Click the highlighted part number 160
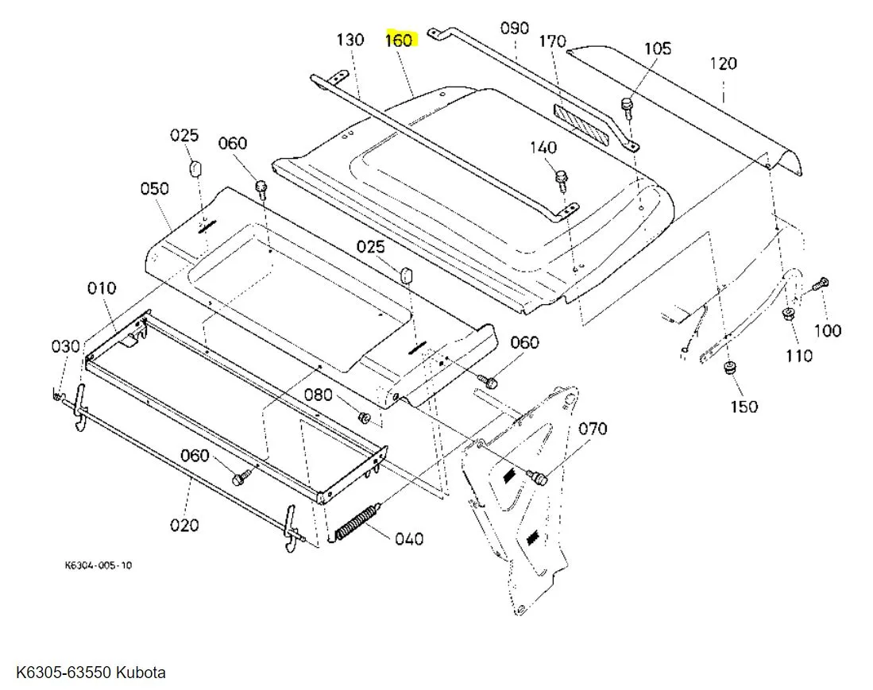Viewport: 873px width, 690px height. [x=399, y=40]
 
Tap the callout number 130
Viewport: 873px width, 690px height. [x=350, y=40]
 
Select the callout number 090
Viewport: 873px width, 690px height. [x=514, y=29]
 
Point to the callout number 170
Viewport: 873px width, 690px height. [x=552, y=41]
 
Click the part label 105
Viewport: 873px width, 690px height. [x=657, y=48]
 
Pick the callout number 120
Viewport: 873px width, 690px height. [x=723, y=64]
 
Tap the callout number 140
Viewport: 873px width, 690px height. [x=543, y=148]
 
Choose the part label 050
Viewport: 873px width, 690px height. [x=155, y=189]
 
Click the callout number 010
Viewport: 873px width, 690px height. [x=102, y=288]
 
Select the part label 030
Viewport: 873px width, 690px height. [x=66, y=346]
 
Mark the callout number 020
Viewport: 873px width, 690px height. [x=184, y=525]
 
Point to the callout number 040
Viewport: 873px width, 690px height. [x=409, y=539]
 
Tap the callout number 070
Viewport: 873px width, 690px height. [x=593, y=430]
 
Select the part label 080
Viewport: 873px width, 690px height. [x=319, y=395]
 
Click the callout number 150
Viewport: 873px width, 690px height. [x=744, y=407]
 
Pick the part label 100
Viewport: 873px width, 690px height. [x=828, y=330]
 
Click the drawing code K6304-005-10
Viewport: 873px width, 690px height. [x=99, y=566]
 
